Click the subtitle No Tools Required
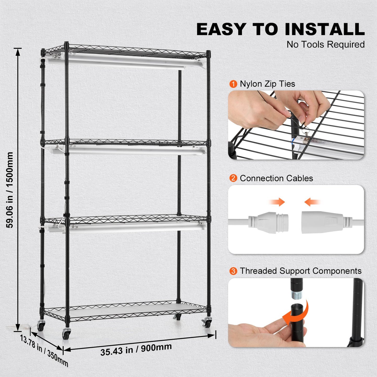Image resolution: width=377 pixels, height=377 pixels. [x=325, y=45]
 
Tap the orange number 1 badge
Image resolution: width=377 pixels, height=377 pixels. [x=233, y=84]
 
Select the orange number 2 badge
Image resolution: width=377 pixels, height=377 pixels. [x=233, y=178]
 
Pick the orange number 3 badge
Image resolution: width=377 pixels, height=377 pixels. [x=233, y=271]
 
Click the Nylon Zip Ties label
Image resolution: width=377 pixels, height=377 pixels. [x=267, y=84]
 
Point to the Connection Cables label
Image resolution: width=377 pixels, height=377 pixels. [x=276, y=178]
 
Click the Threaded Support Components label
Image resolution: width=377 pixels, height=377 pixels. [x=301, y=271]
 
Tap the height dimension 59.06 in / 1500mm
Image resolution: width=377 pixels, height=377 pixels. [x=10, y=190]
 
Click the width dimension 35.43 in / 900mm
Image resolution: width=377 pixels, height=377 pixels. [x=136, y=349]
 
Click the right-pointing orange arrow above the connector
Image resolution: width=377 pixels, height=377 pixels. [x=277, y=202]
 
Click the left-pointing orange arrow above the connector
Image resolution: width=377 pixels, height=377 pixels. [x=312, y=202]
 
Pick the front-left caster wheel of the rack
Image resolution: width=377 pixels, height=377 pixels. [x=66, y=334]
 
